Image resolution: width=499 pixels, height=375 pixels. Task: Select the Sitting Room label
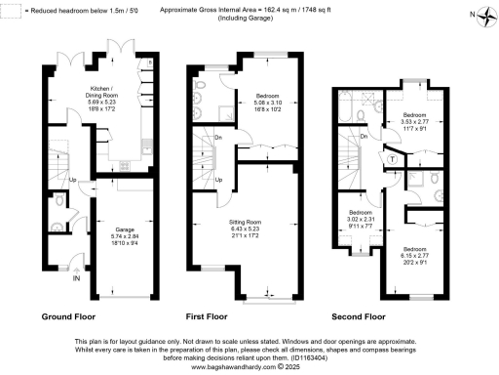245,229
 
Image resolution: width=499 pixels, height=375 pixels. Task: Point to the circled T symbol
392,158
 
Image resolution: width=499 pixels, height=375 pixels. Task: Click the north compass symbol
473,15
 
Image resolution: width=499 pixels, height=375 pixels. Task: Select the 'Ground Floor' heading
69,317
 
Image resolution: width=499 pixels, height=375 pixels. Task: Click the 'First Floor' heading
206,317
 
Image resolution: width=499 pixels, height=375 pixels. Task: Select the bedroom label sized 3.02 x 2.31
361,219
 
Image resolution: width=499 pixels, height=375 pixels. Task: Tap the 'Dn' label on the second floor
364,137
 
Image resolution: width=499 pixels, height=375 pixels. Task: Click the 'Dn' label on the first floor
218,138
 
